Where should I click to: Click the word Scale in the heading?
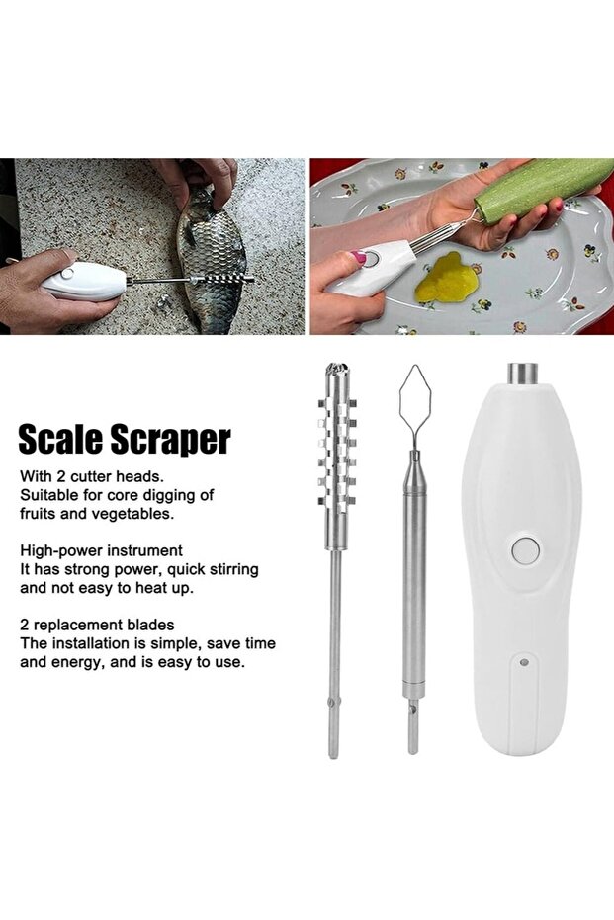pos(61,440)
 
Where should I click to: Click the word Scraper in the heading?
pos(171,441)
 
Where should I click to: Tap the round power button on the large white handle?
pos(524,549)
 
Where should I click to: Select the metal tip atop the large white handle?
pos(523,374)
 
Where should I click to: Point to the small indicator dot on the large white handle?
pos(524,662)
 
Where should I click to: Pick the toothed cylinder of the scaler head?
pos(337,452)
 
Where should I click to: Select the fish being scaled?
pos(213,264)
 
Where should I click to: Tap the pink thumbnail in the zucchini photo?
pos(358,258)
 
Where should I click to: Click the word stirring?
pos(231,570)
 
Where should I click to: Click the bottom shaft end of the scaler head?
pos(333,755)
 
